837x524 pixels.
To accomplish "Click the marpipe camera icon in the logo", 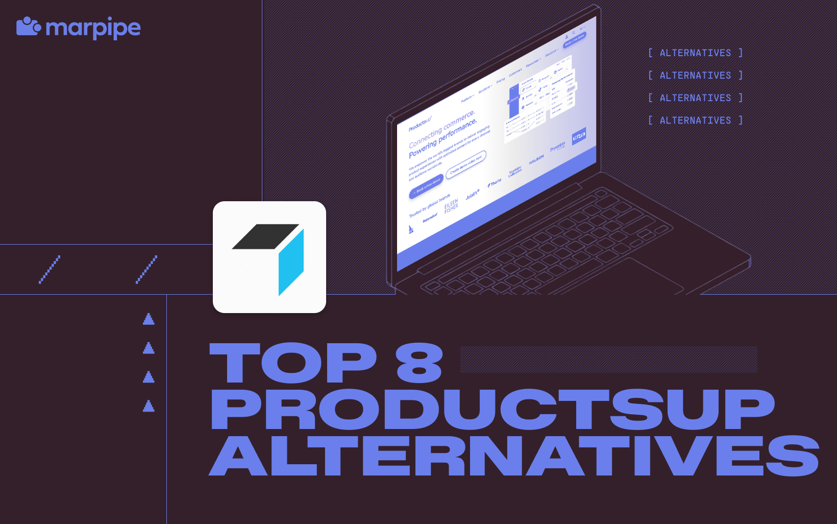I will [x=28, y=27].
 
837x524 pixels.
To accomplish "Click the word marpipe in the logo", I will [x=93, y=29].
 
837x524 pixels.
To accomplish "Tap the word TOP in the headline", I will [x=293, y=363].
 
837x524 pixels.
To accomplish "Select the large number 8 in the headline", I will [x=419, y=363].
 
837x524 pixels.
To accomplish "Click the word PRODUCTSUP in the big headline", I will [x=492, y=410].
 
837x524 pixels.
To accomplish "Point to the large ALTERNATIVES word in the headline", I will [x=513, y=456].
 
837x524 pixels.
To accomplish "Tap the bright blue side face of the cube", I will [x=291, y=262].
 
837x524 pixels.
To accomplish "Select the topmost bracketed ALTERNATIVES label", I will [x=695, y=53].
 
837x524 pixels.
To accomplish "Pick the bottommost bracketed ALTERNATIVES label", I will [x=695, y=121].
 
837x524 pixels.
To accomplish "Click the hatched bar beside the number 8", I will [x=608, y=360].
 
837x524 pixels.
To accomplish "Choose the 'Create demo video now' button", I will [x=466, y=164].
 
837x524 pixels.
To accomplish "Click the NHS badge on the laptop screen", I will [x=579, y=136].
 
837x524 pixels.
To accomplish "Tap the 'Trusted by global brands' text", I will [x=430, y=206].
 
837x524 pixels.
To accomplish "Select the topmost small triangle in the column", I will [x=149, y=319].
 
